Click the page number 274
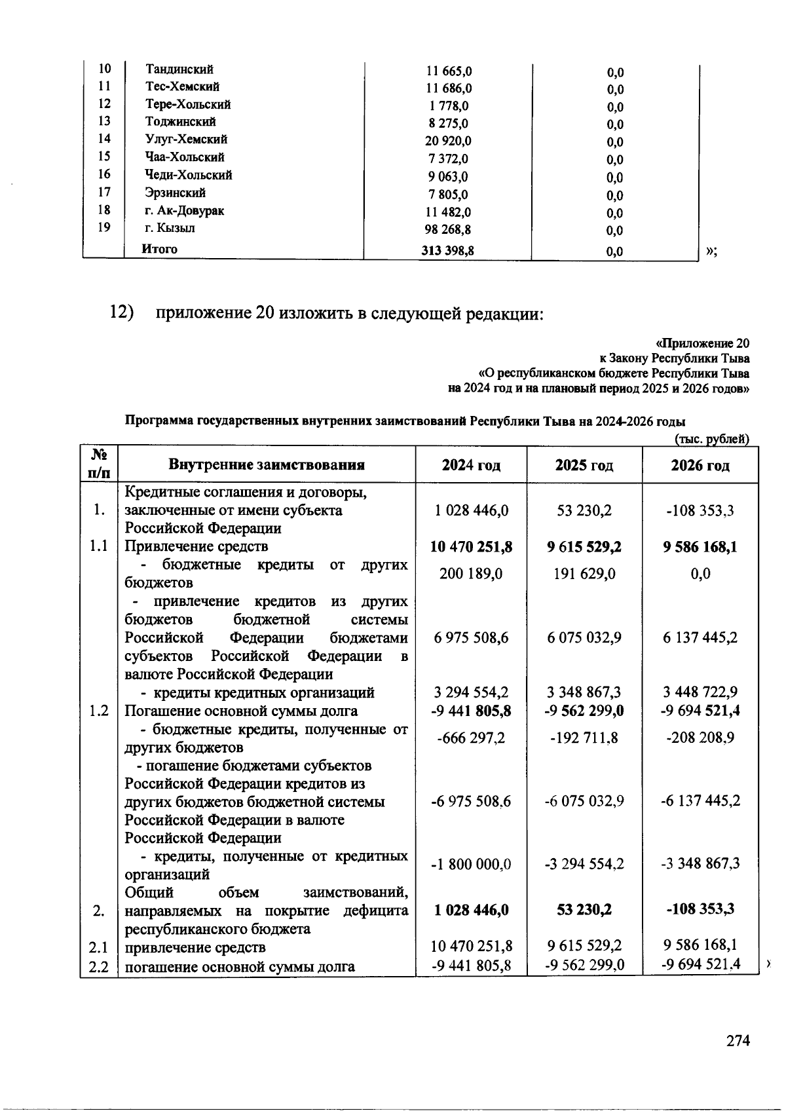[738, 1041]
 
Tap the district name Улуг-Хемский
[186, 140]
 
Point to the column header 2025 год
[584, 465]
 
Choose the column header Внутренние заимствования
[267, 465]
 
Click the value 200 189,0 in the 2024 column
[471, 574]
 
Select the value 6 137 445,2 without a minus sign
[700, 637]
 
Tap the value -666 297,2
[471, 738]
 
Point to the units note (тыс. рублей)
[711, 440]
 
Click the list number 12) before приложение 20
[121, 313]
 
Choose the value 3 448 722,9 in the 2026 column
[700, 692]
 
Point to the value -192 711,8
[584, 738]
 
